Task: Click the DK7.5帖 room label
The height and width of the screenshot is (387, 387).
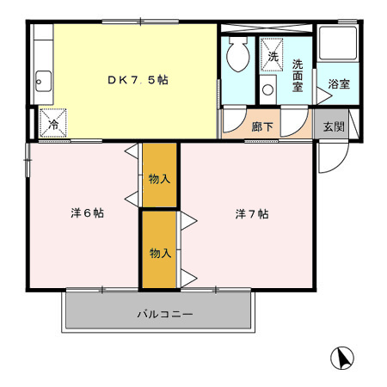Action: [x=138, y=80]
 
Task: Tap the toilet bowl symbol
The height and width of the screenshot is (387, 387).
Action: [x=237, y=54]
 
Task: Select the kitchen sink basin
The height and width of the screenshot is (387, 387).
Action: [x=44, y=82]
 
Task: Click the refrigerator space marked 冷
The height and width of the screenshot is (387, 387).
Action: [x=53, y=123]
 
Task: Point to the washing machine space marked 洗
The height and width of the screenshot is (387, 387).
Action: [x=272, y=54]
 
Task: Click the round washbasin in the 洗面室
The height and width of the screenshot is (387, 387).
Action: [x=267, y=89]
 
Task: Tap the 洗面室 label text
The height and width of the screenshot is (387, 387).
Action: [x=298, y=76]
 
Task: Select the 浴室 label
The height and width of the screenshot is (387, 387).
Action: [x=339, y=84]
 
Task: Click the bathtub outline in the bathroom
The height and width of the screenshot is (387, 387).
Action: [x=338, y=43]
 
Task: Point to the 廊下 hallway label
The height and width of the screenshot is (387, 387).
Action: [x=262, y=126]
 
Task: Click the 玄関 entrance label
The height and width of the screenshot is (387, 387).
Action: [x=334, y=126]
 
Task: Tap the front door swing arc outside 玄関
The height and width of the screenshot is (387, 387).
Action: [x=340, y=164]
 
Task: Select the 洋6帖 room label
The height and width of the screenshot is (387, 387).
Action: [x=87, y=213]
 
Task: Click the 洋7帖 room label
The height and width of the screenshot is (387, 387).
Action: [x=252, y=214]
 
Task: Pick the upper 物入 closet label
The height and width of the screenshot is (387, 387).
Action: [x=159, y=179]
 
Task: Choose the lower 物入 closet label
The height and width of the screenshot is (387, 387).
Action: [x=161, y=253]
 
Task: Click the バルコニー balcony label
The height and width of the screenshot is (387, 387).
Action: [x=165, y=314]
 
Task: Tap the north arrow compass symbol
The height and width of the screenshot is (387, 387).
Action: [x=342, y=358]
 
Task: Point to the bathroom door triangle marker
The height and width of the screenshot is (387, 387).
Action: [x=324, y=95]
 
